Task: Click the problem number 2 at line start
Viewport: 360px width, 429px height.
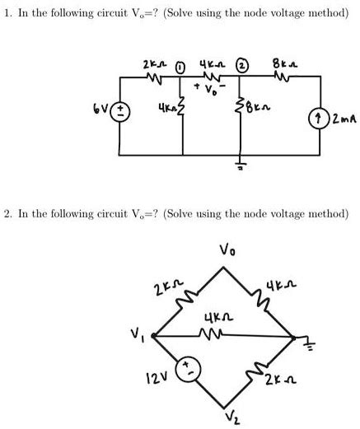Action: coord(7,214)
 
